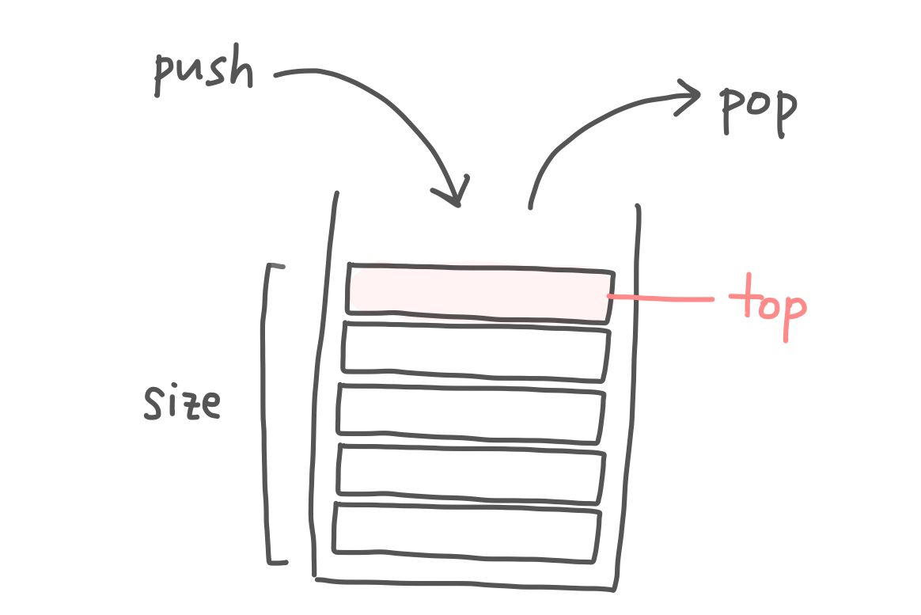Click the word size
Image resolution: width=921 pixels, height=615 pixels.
coord(181,403)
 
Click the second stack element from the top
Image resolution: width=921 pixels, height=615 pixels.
coord(476,351)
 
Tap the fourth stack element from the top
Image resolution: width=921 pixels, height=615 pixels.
coord(471,473)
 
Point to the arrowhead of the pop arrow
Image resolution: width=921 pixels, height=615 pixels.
coord(690,97)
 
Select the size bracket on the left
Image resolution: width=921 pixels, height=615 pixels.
coord(267,412)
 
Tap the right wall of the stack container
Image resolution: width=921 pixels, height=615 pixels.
coord(628,396)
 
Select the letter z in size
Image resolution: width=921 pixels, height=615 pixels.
coord(186,405)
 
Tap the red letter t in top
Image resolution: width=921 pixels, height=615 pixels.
coord(741,301)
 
